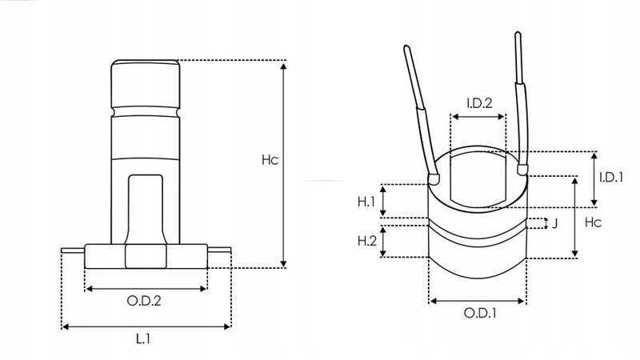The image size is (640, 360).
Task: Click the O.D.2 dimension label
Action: (x=145, y=301)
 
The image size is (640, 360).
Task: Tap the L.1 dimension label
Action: (x=143, y=340)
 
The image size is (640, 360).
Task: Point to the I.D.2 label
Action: (x=478, y=102)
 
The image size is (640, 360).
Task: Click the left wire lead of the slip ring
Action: (x=422, y=112)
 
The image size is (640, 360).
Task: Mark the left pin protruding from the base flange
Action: (x=72, y=253)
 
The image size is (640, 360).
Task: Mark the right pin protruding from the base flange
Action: (x=218, y=253)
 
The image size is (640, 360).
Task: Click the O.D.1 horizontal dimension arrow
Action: (x=478, y=301)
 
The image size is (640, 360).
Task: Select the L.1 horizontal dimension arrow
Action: (x=146, y=326)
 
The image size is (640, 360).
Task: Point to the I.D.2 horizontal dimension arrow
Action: (x=478, y=116)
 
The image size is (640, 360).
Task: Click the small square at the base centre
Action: (x=145, y=256)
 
